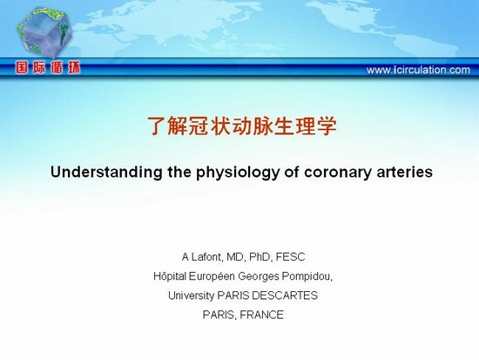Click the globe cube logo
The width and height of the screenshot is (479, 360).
44,32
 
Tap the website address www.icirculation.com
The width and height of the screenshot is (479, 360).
418,70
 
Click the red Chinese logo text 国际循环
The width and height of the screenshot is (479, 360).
48,68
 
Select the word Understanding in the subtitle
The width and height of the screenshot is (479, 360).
106,173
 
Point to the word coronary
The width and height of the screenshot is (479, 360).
338,173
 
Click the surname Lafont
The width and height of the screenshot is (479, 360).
206,257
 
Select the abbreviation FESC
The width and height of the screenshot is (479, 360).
290,257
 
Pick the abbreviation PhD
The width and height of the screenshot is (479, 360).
260,257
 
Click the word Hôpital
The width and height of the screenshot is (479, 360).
170,276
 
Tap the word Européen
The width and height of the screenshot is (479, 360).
212,276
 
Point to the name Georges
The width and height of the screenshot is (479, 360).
259,277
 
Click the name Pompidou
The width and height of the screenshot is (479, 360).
306,277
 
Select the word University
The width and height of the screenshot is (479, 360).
192,295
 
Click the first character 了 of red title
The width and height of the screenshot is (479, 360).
157,126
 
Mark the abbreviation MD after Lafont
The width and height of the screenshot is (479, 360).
235,257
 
